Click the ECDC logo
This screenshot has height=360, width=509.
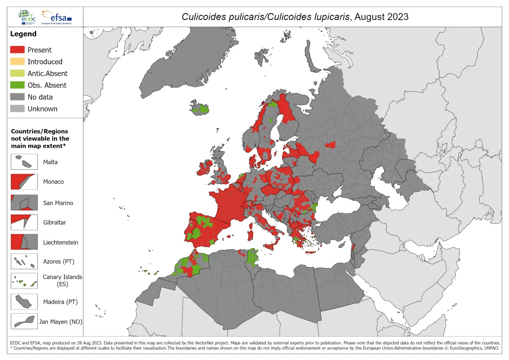pyautogui.click(x=26, y=17)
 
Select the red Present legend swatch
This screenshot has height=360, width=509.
pyautogui.click(x=17, y=50)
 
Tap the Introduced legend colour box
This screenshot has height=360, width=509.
pyautogui.click(x=17, y=62)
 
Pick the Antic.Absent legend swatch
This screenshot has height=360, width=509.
pyautogui.click(x=17, y=73)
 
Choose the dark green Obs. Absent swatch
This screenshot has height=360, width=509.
pyautogui.click(x=17, y=85)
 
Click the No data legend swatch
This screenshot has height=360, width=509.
pyautogui.click(x=17, y=97)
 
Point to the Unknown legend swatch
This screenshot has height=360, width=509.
pyautogui.click(x=17, y=109)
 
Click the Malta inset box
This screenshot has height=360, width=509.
pyautogui.click(x=24, y=162)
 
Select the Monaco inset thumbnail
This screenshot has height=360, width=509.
pyautogui.click(x=24, y=182)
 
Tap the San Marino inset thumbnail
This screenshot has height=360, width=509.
pyautogui.click(x=24, y=203)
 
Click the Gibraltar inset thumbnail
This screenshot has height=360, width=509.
pyautogui.click(x=24, y=222)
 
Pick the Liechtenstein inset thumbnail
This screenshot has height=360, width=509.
pyautogui.click(x=24, y=242)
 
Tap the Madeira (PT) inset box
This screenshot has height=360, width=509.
pyautogui.click(x=24, y=302)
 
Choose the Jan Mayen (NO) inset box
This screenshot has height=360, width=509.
pyautogui.click(x=24, y=321)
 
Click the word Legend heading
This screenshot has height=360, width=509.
pyautogui.click(x=23, y=34)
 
